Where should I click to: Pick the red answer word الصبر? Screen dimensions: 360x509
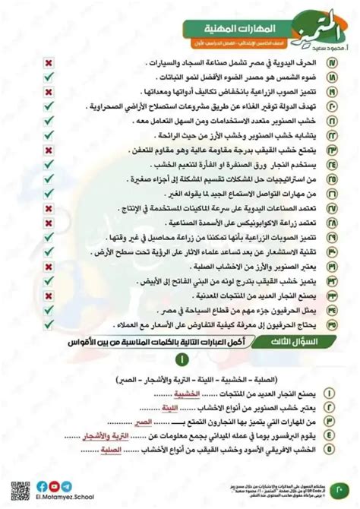pos(157,422)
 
